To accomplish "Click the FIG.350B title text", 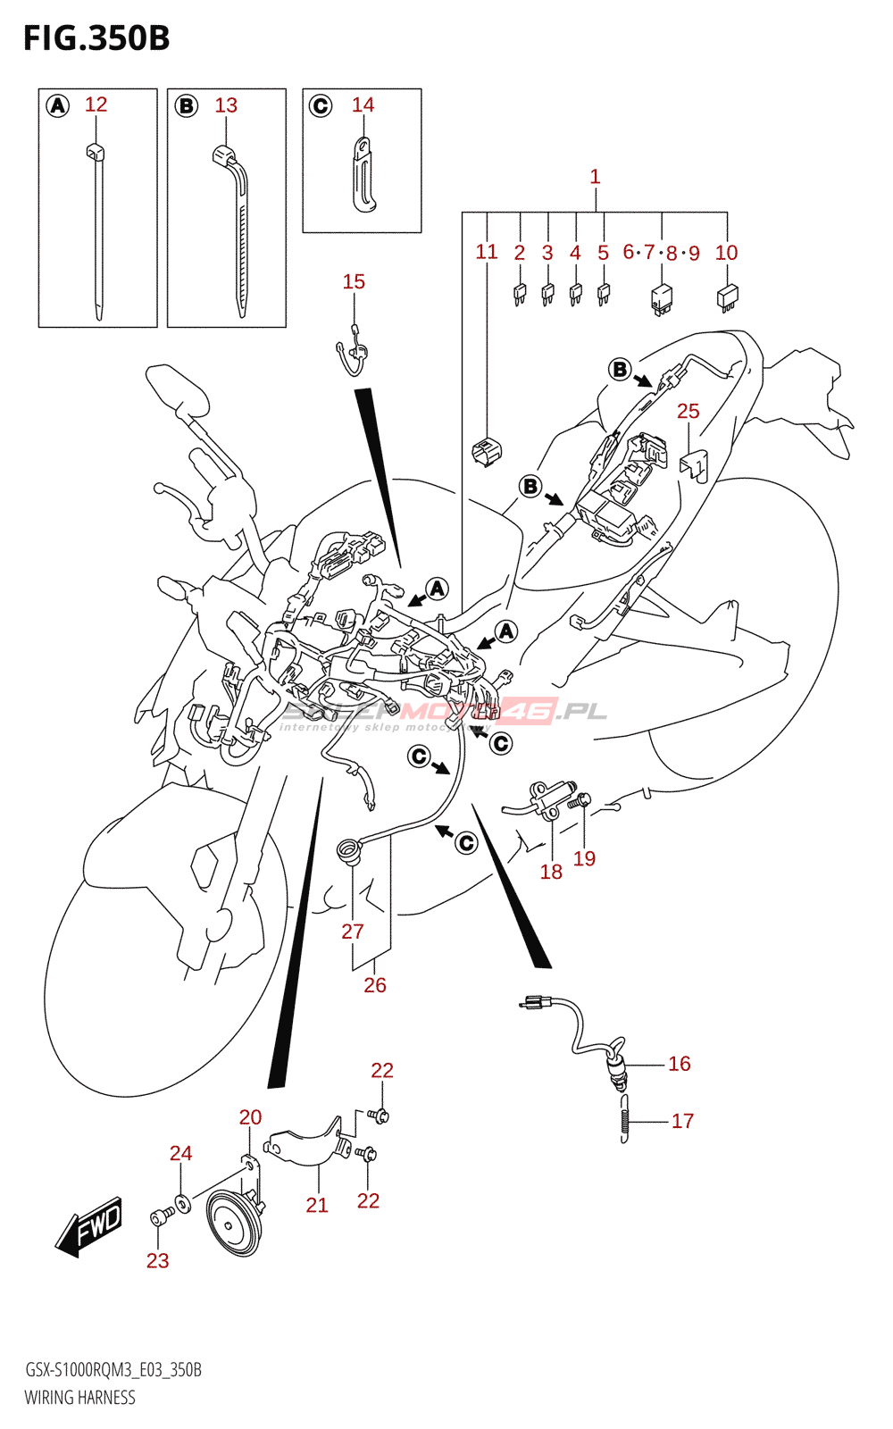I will click(x=96, y=38).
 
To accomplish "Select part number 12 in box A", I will click(x=96, y=104).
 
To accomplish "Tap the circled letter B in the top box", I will click(x=186, y=106).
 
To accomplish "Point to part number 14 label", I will click(x=363, y=104).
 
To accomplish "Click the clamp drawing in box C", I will click(x=363, y=176).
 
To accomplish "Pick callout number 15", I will click(x=354, y=281).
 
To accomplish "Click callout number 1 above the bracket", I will click(x=595, y=177).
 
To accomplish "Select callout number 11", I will click(x=486, y=252).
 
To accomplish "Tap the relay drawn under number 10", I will click(x=728, y=297).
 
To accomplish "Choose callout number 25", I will click(x=688, y=411).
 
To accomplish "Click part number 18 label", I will click(x=551, y=872).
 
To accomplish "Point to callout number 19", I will click(x=584, y=858).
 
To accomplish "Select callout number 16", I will click(x=680, y=1064).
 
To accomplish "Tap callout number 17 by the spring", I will click(x=682, y=1121).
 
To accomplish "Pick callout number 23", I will click(x=157, y=1260).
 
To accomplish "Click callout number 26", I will click(x=375, y=985).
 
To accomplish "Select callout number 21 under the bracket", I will click(x=317, y=1205).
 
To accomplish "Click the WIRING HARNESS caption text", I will click(x=80, y=1398).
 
